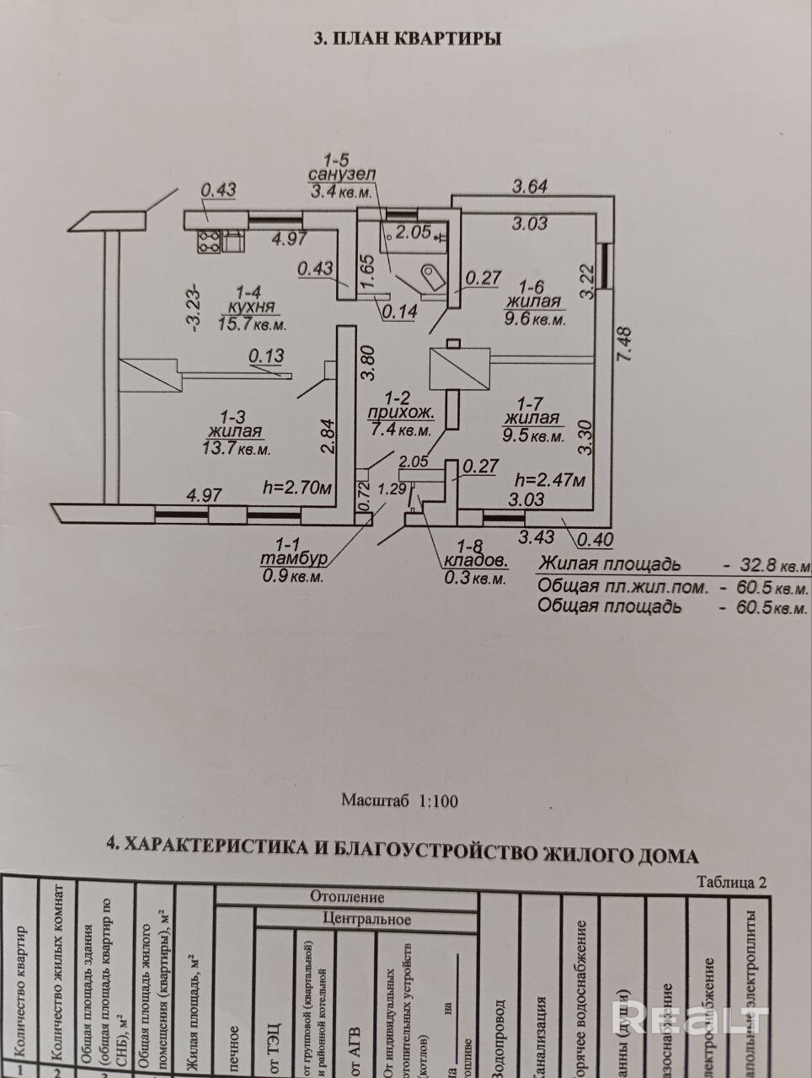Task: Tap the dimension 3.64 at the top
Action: point(531,185)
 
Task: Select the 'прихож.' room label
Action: point(401,414)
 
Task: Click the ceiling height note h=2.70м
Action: point(294,486)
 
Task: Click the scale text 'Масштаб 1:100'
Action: point(400,800)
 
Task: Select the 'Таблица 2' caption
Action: point(732,883)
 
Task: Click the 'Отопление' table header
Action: point(346,898)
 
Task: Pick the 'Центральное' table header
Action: point(366,919)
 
